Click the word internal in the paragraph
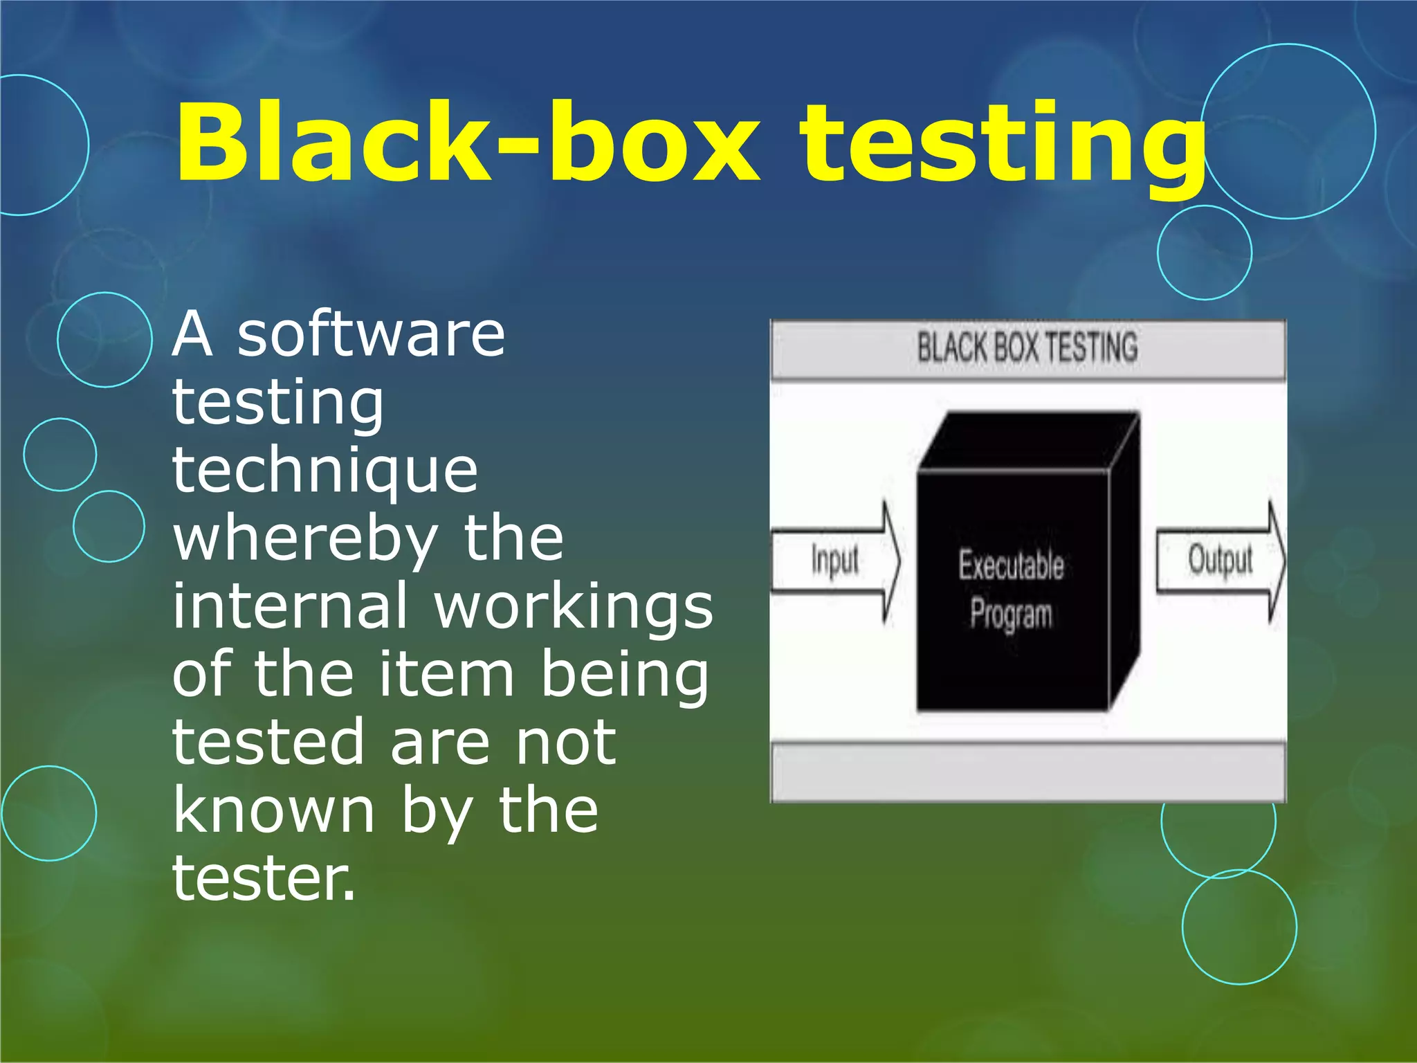click(290, 606)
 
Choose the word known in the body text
click(274, 811)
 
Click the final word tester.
click(263, 879)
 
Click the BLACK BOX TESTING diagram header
click(1027, 348)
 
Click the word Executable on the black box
click(1011, 565)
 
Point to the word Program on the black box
click(1011, 615)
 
